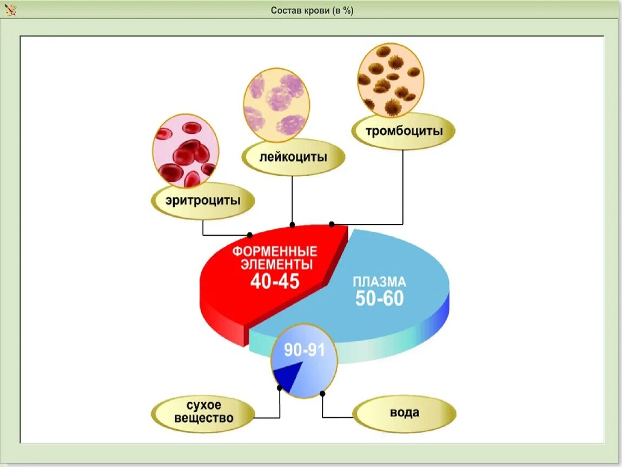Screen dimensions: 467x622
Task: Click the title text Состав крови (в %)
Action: (312, 11)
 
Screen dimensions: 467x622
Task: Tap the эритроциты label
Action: (203, 201)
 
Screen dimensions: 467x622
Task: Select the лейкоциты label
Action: (293, 157)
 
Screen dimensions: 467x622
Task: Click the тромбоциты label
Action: (403, 131)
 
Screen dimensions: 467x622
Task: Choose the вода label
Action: (404, 413)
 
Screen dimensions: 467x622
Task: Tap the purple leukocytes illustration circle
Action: (276, 105)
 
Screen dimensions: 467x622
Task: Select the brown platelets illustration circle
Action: (391, 81)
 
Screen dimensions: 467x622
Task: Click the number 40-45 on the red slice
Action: (275, 281)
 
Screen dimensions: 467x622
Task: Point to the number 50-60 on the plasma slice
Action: (379, 298)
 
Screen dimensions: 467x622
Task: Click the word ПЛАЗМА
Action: (379, 282)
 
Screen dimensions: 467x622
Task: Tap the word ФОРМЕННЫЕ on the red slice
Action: (275, 252)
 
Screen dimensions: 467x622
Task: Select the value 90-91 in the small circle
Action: (305, 350)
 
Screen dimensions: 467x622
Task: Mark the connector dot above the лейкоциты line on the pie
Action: (293, 224)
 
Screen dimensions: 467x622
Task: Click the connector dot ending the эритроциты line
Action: (250, 235)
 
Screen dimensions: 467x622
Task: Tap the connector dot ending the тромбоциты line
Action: (332, 224)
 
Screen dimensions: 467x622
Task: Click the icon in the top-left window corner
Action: (10, 10)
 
